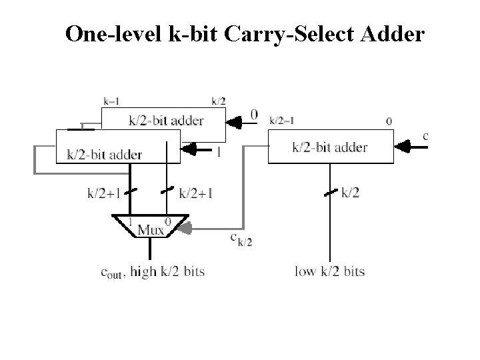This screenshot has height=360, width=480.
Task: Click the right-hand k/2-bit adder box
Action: (x=330, y=147)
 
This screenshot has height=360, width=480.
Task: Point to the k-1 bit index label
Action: (x=111, y=101)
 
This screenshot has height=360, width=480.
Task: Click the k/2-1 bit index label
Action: (x=282, y=121)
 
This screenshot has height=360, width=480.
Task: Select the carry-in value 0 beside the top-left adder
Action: (x=254, y=115)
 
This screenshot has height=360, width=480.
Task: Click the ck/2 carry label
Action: (x=241, y=239)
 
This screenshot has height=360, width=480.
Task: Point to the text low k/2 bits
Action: (x=329, y=271)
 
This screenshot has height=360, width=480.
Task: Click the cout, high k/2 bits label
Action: (x=152, y=271)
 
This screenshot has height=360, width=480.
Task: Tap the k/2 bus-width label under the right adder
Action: (x=351, y=193)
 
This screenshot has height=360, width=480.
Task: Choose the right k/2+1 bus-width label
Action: (x=197, y=193)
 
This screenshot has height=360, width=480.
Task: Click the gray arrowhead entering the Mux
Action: (x=186, y=229)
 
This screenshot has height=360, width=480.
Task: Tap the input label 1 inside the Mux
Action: (x=131, y=220)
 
